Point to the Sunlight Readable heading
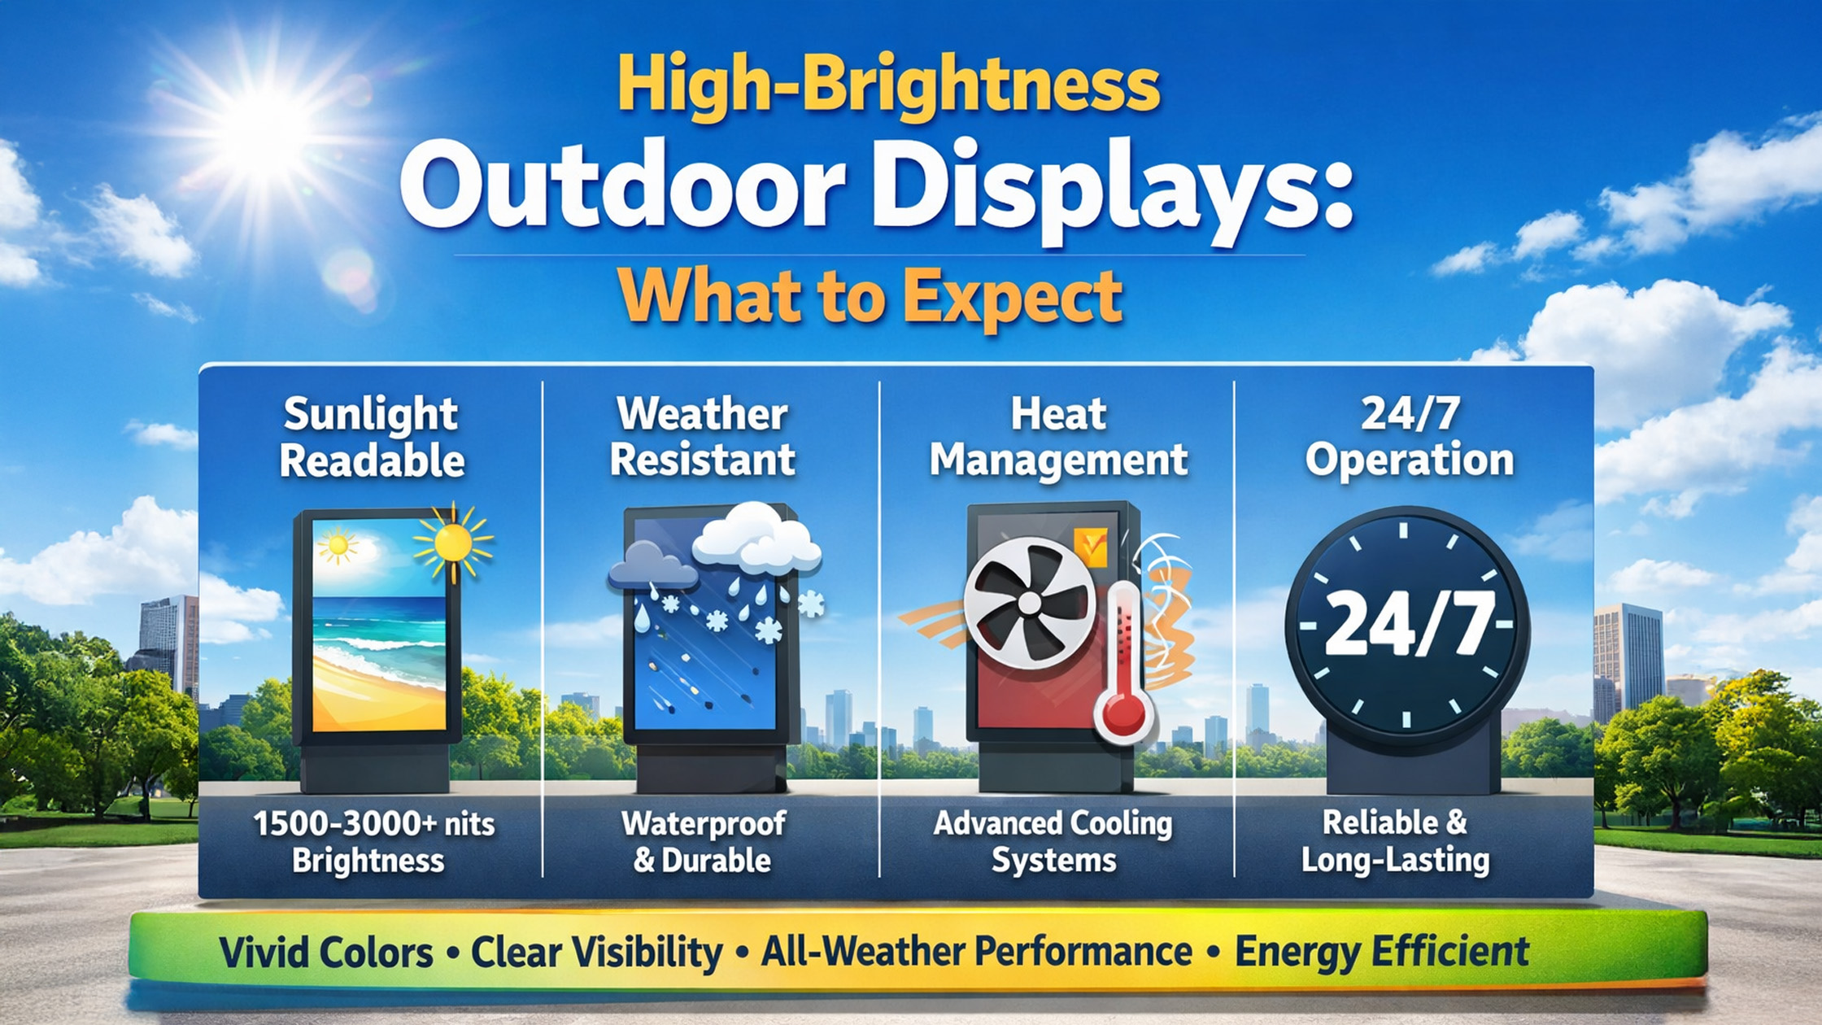tap(372, 437)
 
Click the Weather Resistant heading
tap(702, 437)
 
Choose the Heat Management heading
tap(1058, 437)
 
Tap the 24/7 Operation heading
tap(1410, 437)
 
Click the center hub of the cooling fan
tap(1030, 603)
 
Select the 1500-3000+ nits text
tap(374, 824)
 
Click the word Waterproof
tap(704, 824)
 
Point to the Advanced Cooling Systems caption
tap(1053, 842)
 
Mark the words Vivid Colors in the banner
tap(325, 953)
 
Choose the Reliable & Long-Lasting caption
tap(1395, 841)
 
